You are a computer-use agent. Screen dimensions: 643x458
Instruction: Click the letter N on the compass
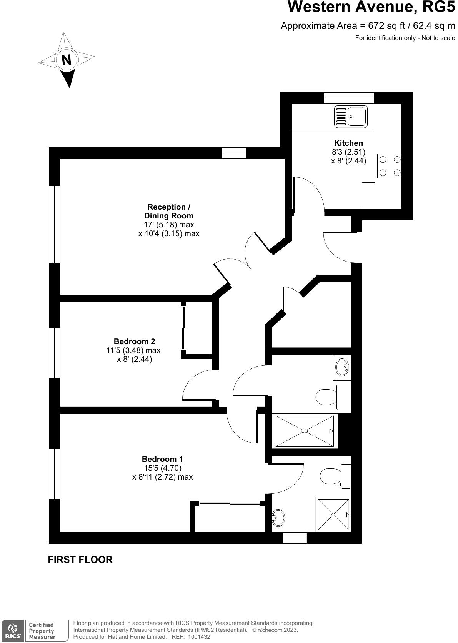(67, 60)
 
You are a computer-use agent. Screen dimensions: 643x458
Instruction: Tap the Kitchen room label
(348, 143)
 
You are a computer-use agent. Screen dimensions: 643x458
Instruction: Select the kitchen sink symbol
(350, 116)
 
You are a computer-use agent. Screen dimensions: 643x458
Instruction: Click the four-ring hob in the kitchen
(390, 166)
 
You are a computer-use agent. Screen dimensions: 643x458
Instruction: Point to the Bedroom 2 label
(134, 341)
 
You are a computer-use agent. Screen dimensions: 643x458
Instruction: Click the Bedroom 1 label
(162, 459)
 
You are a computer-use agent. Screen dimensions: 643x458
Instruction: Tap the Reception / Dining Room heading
(168, 212)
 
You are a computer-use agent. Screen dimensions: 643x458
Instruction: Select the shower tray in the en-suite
(333, 515)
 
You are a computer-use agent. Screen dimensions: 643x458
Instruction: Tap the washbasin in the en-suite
(278, 518)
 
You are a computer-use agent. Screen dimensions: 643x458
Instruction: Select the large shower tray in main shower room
(304, 431)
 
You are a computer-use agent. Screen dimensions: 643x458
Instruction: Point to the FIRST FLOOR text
(80, 560)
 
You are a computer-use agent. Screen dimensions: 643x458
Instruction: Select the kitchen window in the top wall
(348, 98)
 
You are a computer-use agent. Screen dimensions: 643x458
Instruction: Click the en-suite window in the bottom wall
(295, 538)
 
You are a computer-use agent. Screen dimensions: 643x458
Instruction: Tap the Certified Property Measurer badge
(42, 631)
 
